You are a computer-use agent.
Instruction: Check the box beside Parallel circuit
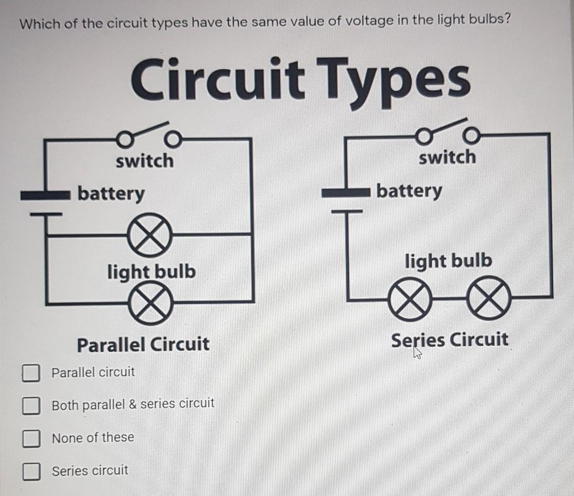click(31, 373)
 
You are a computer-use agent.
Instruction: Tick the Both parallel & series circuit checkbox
click(31, 406)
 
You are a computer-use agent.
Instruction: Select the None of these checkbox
click(31, 439)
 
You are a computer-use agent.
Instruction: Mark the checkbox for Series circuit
click(31, 471)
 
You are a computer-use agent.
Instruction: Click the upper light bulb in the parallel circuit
click(150, 235)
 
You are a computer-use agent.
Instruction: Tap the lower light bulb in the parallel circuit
click(151, 304)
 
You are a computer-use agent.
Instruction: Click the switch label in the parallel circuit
click(145, 161)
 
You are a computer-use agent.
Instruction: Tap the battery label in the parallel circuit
click(111, 193)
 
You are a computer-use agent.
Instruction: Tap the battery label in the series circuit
click(409, 190)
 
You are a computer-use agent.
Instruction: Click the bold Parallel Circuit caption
click(143, 344)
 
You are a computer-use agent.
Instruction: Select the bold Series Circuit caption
click(449, 340)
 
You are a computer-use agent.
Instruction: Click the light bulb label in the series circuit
click(448, 261)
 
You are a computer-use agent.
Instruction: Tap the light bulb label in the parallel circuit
click(151, 271)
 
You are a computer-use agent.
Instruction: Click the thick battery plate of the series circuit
click(346, 192)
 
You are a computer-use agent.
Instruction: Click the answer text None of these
click(93, 438)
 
